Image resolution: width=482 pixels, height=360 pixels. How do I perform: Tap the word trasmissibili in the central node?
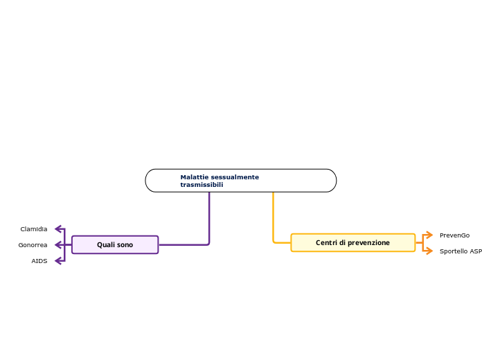(202, 185)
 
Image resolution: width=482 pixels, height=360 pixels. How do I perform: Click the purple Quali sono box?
(115, 244)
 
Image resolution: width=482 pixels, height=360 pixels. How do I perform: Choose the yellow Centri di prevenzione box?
(353, 242)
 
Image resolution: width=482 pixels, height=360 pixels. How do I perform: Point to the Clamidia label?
(34, 229)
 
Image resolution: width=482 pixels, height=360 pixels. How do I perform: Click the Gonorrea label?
(33, 245)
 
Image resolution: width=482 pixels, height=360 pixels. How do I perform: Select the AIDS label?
(39, 261)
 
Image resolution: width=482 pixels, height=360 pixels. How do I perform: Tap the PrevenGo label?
(454, 235)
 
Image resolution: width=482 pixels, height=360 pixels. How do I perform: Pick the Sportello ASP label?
(461, 251)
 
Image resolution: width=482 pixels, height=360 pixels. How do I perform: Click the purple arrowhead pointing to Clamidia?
(58, 228)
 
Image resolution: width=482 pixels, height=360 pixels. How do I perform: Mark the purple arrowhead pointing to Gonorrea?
(58, 244)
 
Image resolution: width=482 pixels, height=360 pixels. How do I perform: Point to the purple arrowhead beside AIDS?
(58, 261)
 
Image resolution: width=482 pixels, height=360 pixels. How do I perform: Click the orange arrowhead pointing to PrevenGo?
(430, 235)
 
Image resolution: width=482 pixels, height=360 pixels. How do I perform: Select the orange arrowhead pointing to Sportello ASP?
(430, 251)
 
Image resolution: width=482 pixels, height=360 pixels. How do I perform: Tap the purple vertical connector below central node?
(209, 217)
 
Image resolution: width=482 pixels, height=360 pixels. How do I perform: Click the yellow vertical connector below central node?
(273, 217)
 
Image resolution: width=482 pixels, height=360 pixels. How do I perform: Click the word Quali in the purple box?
(104, 244)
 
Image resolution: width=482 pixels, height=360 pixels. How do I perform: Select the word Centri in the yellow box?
(326, 242)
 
